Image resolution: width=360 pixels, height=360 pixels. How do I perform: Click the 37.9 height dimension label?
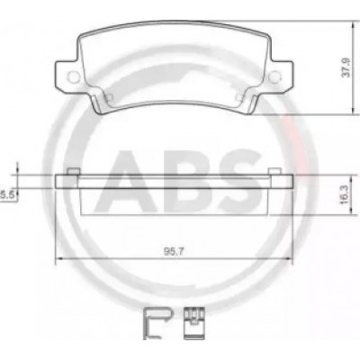346,68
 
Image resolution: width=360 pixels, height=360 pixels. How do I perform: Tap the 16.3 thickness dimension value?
345,195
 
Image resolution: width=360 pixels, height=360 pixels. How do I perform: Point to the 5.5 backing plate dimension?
6,195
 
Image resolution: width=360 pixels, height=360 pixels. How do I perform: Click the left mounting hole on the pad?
73,76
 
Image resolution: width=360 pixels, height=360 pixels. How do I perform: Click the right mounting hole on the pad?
274,76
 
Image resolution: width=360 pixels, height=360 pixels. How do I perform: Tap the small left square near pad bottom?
110,97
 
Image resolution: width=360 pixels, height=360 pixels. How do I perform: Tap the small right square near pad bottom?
238,97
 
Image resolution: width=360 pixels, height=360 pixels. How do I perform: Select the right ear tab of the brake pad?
280,76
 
